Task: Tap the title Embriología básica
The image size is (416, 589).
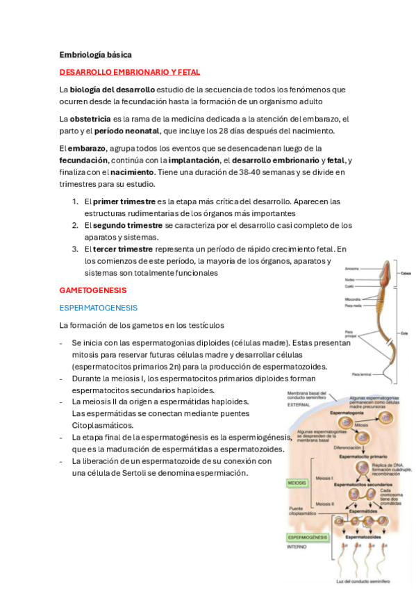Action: tap(95, 54)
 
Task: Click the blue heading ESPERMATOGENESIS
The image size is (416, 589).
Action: tap(99, 307)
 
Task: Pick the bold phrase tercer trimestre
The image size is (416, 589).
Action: tap(119, 249)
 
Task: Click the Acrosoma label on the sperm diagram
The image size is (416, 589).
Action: tap(352, 269)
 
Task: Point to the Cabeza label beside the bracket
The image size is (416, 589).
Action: tap(406, 274)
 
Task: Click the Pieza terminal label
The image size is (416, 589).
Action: tap(361, 374)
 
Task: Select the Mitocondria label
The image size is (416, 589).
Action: tap(353, 299)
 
